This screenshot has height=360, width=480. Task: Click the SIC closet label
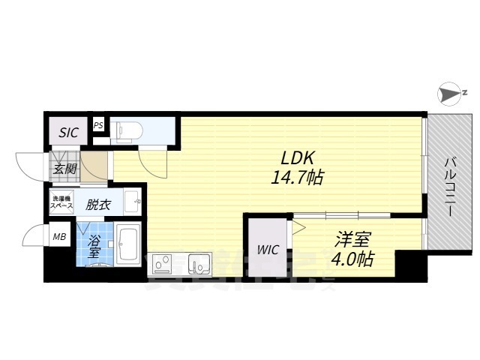coord(69,132)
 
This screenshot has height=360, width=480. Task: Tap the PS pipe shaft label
coord(99,126)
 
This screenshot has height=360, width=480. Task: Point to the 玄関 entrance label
coord(64,168)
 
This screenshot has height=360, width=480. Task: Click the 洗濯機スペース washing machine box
coord(61,203)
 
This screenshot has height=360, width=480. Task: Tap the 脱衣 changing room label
coord(97,203)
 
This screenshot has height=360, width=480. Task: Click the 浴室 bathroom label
coord(94,247)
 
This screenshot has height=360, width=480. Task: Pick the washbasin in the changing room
coord(133,201)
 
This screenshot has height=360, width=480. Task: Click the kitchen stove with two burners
coord(162,264)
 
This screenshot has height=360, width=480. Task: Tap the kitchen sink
coord(200,264)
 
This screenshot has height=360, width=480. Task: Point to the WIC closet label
coord(268,250)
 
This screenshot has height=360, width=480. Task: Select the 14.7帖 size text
coord(298,178)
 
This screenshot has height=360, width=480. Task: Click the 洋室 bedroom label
coord(352,240)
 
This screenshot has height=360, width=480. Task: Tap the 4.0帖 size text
coord(352,259)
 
